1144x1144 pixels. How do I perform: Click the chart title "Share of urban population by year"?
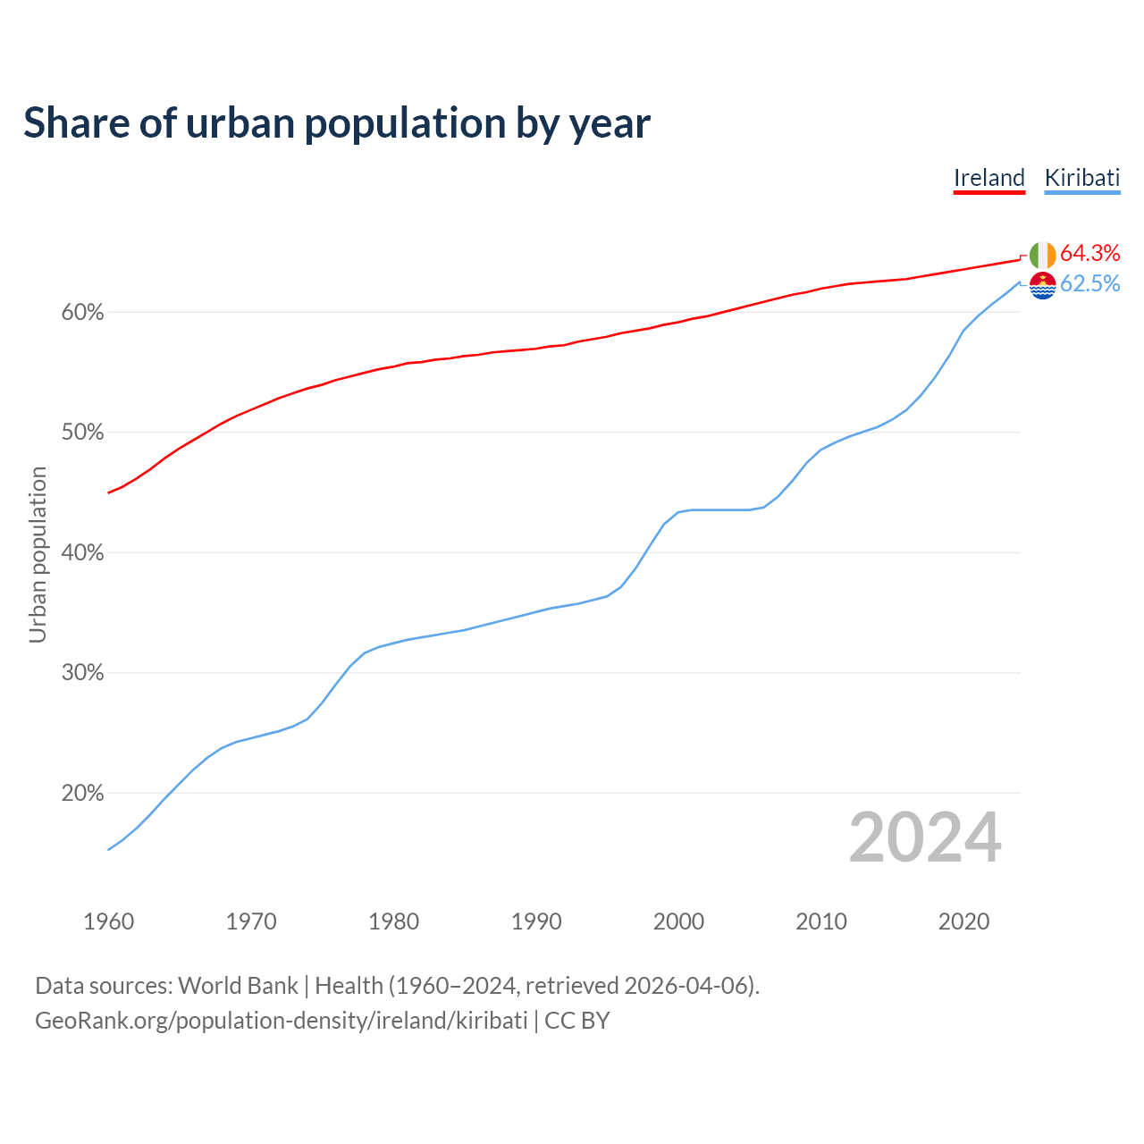337,123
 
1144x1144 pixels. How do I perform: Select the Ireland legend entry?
988,178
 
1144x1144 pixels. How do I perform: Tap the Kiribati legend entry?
1081,178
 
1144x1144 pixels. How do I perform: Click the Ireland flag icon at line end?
1042,255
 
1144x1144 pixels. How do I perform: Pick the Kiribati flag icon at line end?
1042,285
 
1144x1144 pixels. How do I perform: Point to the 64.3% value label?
1089,253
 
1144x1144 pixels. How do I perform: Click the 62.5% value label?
1089,283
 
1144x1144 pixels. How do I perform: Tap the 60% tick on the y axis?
82,313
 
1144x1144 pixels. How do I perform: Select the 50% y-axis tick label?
82,433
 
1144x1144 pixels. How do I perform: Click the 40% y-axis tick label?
82,553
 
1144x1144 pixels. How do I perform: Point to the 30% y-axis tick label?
82,673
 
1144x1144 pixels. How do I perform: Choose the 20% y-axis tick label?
82,793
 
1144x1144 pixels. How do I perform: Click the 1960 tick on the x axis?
108,921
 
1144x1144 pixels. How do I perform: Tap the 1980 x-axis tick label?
393,921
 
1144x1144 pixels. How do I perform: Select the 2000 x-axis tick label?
678,921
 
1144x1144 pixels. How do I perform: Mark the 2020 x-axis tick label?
963,921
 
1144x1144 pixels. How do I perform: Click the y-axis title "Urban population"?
38,554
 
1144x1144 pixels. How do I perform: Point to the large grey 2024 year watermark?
925,838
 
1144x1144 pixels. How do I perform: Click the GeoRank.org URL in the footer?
282,1021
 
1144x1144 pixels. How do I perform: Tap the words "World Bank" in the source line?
238,986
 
